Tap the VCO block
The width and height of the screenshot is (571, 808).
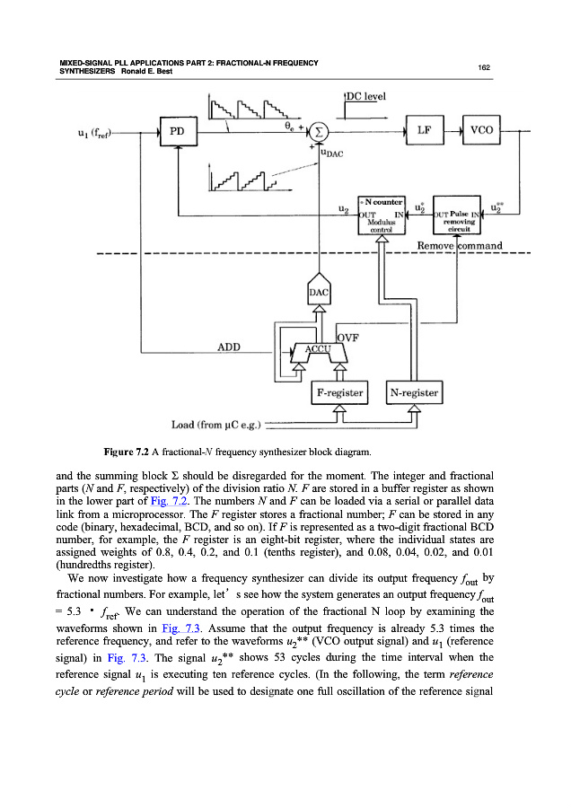(x=482, y=130)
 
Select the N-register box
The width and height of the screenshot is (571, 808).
(x=414, y=392)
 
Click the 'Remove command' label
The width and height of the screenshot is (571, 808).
(x=459, y=245)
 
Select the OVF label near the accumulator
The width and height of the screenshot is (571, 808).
(x=347, y=338)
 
